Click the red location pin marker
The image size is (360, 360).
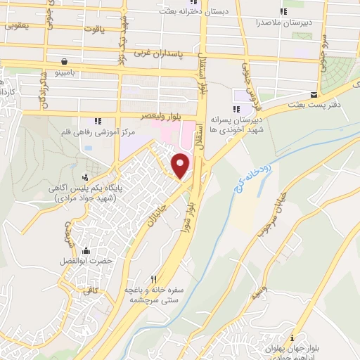(181, 165)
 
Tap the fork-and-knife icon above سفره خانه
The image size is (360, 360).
(154, 278)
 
